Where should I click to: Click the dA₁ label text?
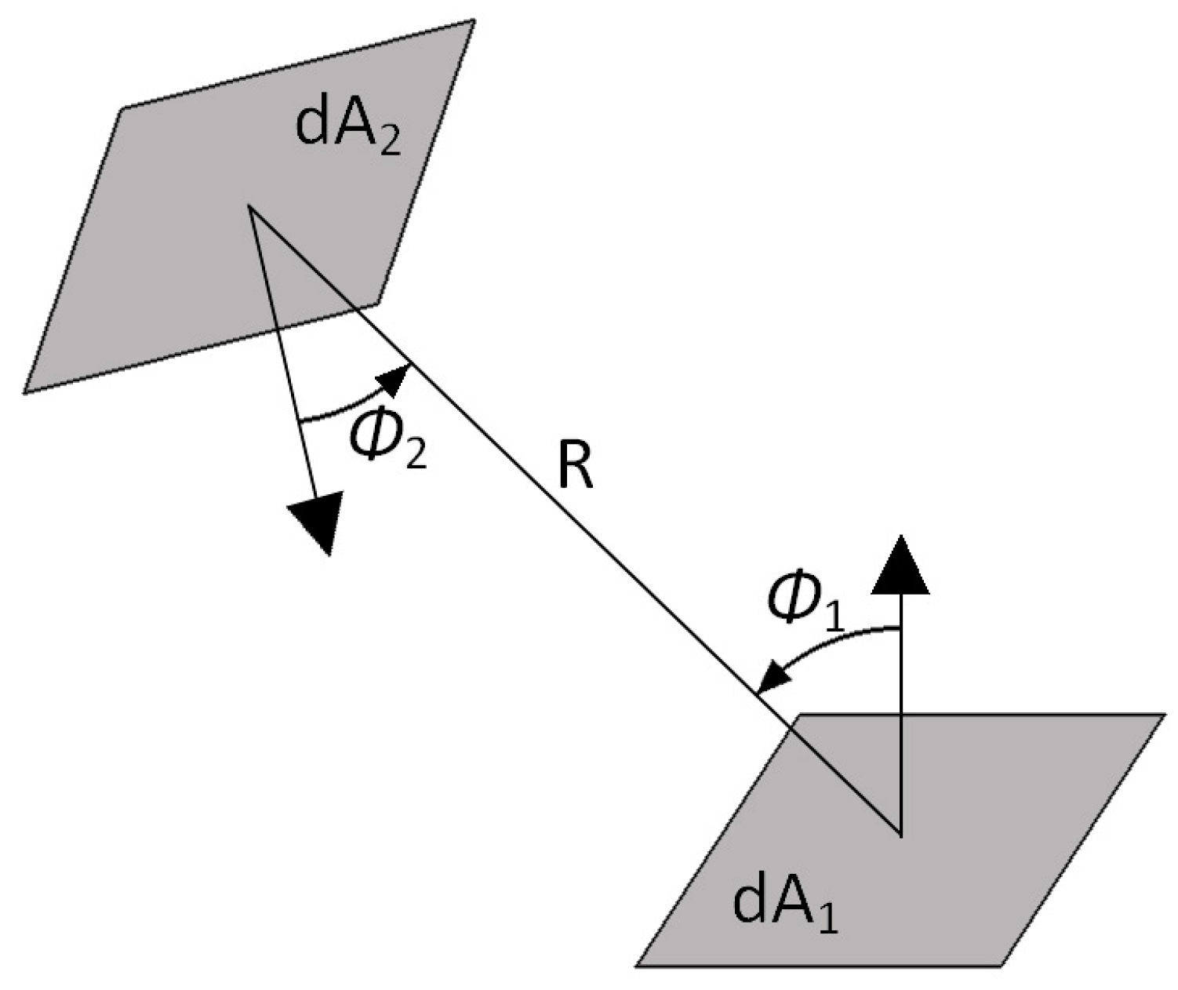click(x=784, y=904)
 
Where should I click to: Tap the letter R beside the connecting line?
click(x=576, y=470)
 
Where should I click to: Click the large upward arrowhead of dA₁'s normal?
click(x=901, y=565)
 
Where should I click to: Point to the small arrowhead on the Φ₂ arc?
click(x=396, y=378)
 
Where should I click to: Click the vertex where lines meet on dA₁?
click(x=901, y=834)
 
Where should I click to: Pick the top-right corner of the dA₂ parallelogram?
click(x=473, y=21)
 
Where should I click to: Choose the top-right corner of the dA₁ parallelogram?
click(x=1163, y=715)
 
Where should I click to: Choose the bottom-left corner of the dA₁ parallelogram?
click(x=638, y=965)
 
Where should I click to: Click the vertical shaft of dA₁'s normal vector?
click(x=901, y=706)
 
